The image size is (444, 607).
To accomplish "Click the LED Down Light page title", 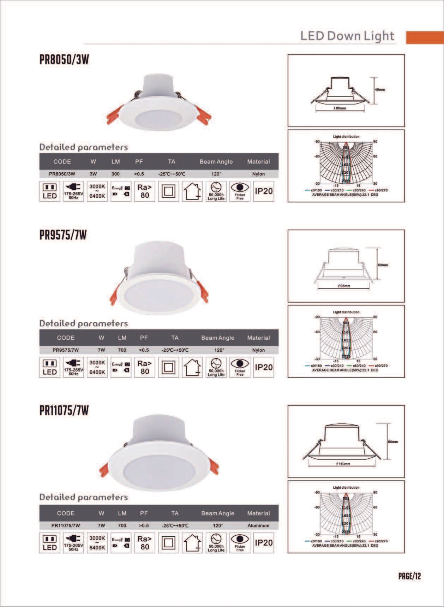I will click(347, 36).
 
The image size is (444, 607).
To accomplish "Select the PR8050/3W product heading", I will click(64, 60).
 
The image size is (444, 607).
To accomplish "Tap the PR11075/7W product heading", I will click(64, 411).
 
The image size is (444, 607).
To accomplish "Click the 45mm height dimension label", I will click(380, 90).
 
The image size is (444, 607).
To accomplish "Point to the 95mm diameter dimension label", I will click(344, 286).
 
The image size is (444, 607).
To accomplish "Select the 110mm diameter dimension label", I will click(343, 464).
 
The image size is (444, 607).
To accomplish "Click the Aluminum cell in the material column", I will click(258, 525).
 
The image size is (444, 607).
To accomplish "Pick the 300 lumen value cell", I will click(115, 174).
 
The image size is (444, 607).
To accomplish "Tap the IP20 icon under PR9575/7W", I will click(264, 367).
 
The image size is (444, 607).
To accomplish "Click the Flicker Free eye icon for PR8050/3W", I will click(240, 191).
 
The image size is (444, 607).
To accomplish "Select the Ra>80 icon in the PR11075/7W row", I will click(144, 543).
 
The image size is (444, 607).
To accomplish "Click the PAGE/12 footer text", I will click(409, 576).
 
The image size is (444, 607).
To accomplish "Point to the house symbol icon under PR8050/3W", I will click(192, 191).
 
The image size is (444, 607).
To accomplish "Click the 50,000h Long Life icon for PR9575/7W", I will click(216, 367).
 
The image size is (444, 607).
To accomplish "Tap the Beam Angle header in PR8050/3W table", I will click(216, 162).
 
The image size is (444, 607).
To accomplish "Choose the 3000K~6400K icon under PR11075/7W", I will click(97, 543).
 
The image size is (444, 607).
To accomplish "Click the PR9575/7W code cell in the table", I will click(66, 350).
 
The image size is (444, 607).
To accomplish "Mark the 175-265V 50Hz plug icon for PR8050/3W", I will click(73, 191).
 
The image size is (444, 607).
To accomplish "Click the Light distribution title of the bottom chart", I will click(346, 488).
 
